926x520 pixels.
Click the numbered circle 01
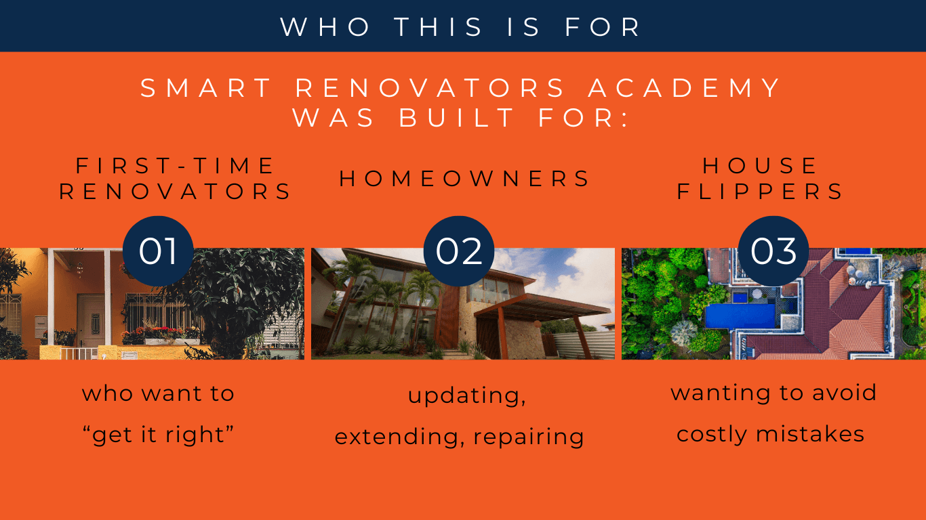[x=158, y=251]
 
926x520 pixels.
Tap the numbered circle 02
[x=459, y=251]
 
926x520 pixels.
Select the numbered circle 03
[x=773, y=251]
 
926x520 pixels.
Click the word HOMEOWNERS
[x=465, y=179]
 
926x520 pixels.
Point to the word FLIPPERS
[x=761, y=192]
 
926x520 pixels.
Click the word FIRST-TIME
[x=176, y=166]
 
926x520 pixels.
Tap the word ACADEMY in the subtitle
[x=685, y=89]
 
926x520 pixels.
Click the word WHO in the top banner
[x=325, y=27]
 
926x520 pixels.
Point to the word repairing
[x=529, y=437]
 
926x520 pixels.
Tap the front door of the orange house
[x=89, y=319]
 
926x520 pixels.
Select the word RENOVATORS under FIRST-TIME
[x=176, y=192]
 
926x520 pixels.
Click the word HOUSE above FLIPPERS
[x=761, y=166]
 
